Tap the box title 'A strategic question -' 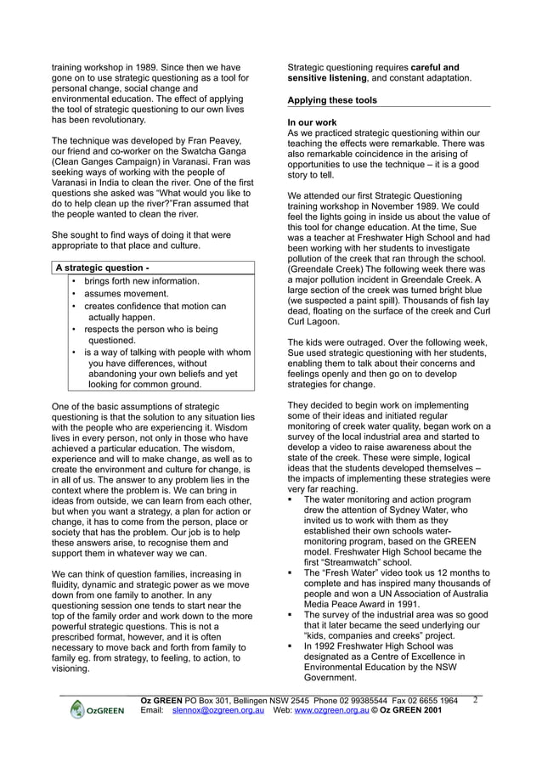point(102,268)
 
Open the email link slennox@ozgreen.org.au point(217,709)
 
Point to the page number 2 point(475,701)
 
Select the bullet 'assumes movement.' point(126,293)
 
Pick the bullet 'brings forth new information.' point(142,281)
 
